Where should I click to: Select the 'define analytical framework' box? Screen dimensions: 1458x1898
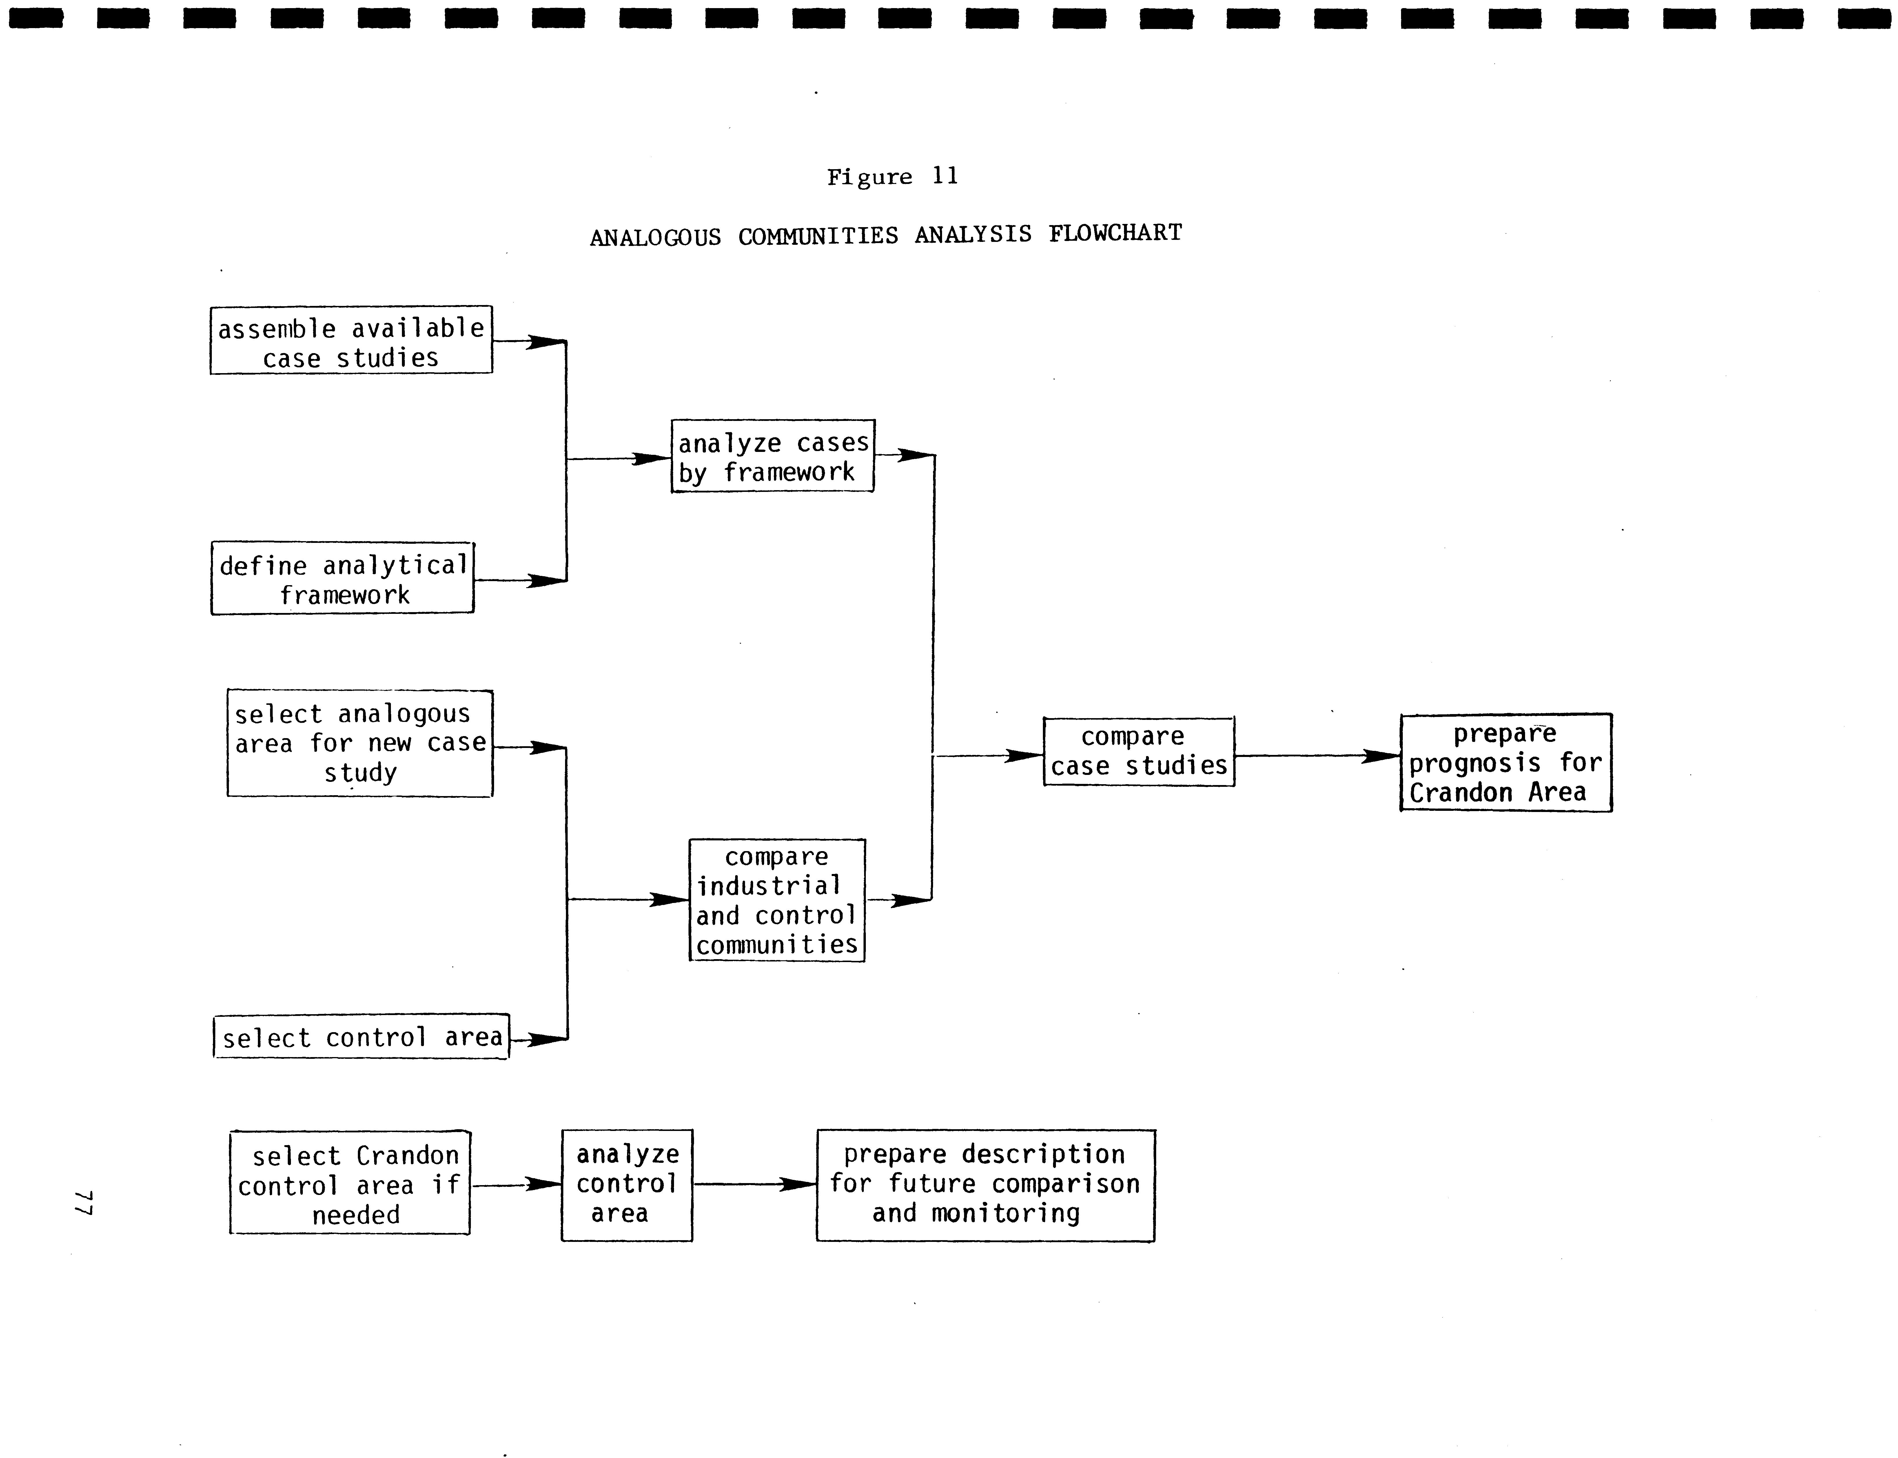pos(343,579)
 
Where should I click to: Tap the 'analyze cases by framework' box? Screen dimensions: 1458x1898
pos(773,457)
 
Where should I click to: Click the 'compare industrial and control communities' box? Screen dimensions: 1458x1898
pos(777,900)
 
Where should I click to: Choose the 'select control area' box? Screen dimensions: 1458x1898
pos(361,1037)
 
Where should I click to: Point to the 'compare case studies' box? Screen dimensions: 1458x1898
pos(1139,751)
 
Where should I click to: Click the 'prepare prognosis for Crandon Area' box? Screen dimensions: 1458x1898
pos(1506,763)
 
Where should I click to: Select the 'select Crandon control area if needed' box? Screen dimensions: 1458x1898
pos(350,1183)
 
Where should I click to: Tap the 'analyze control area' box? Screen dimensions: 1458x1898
pos(626,1185)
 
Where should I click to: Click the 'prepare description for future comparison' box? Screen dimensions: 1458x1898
pos(985,1185)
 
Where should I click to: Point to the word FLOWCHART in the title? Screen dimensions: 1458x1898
pos(1115,233)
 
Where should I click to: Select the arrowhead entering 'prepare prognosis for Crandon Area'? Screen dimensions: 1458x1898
pos(1382,756)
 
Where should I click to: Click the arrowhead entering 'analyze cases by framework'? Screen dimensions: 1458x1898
pos(653,458)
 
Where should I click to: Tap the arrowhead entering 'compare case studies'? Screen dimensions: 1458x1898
pos(1024,756)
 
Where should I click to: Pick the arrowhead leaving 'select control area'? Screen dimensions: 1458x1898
pos(547,1039)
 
